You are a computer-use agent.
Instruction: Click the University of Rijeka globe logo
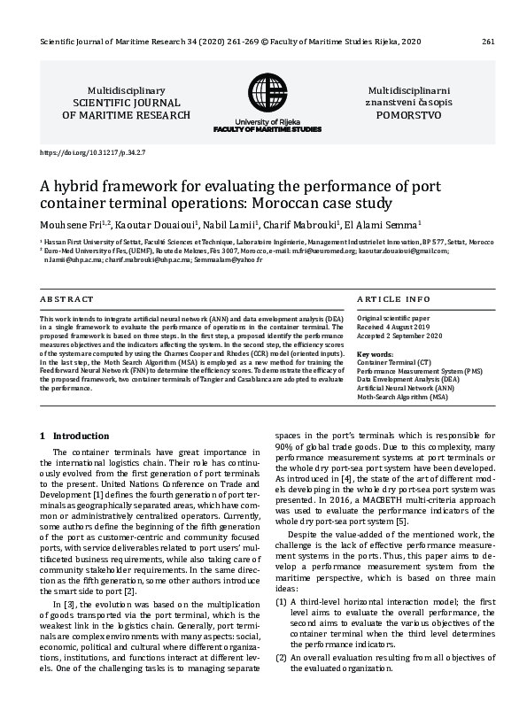point(267,93)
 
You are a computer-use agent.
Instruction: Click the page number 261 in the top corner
point(488,42)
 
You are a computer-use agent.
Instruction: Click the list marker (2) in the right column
point(281,657)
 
